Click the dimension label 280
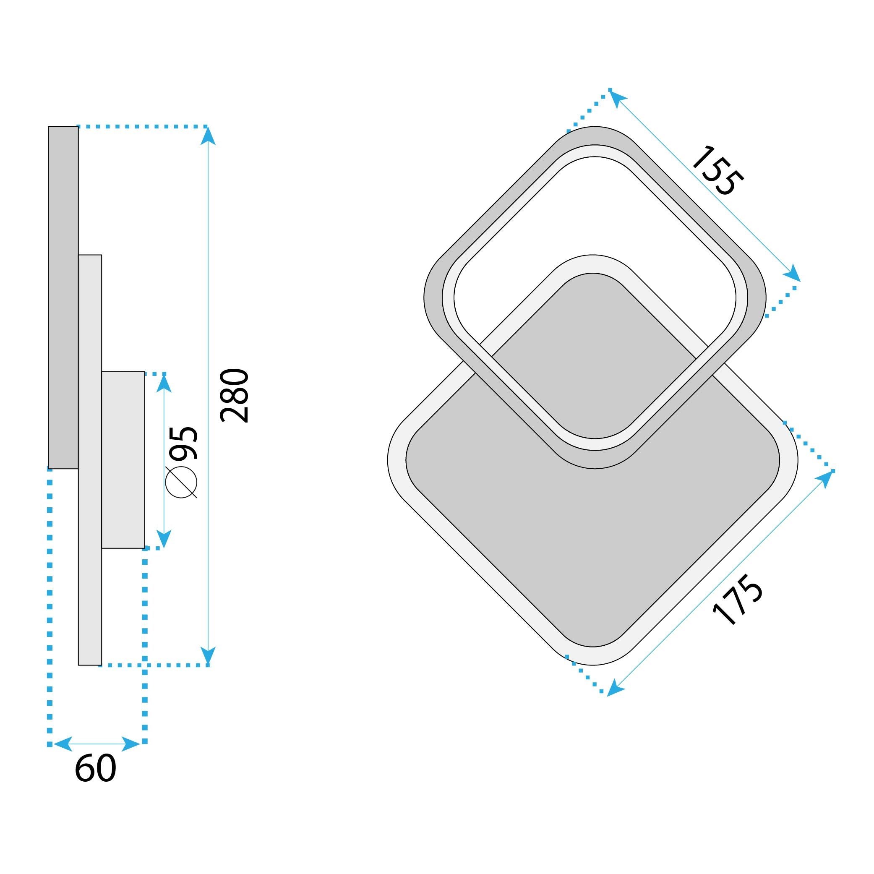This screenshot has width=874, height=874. click(x=234, y=396)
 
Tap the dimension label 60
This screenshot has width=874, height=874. click(x=95, y=769)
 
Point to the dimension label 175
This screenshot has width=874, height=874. click(x=738, y=600)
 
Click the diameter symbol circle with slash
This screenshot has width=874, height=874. click(x=181, y=482)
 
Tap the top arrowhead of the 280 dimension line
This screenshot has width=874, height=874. click(x=208, y=136)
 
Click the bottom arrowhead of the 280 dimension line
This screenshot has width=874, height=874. click(x=208, y=656)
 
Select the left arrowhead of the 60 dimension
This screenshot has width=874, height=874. click(x=63, y=744)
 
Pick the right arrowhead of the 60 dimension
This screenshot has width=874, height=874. click(x=132, y=744)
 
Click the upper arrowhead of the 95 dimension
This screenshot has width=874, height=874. click(x=164, y=384)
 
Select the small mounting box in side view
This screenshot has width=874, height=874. click(x=123, y=459)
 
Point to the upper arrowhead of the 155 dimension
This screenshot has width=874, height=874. click(x=618, y=98)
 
